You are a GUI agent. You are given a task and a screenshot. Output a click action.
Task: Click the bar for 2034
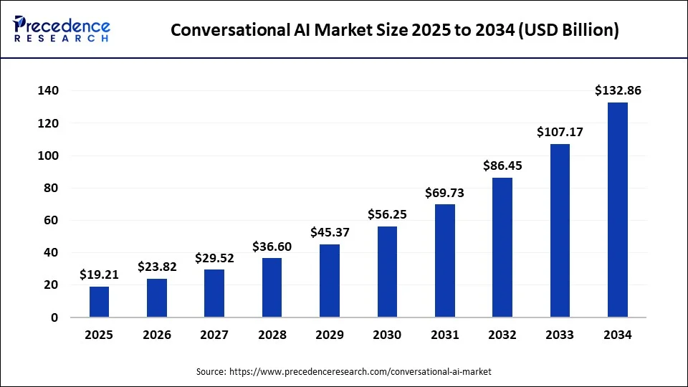617,209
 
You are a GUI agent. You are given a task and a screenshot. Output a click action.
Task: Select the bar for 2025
100,302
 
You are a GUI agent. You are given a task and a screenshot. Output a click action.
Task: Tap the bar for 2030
387,272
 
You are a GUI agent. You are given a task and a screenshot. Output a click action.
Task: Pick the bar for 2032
502,247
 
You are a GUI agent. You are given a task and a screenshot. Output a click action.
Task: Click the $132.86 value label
617,90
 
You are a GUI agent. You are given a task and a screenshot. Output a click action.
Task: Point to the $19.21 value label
100,274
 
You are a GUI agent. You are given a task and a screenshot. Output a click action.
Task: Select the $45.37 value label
330,232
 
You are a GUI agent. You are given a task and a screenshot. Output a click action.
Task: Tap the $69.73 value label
445,192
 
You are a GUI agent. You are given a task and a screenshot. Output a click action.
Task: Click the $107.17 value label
560,132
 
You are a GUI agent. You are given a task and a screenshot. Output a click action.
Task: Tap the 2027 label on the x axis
214,335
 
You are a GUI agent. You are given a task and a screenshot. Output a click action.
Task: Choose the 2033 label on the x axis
560,335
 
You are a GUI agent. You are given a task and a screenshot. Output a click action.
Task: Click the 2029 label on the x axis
330,335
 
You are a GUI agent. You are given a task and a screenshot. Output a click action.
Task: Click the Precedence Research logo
62,29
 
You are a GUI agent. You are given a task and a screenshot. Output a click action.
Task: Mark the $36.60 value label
272,247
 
